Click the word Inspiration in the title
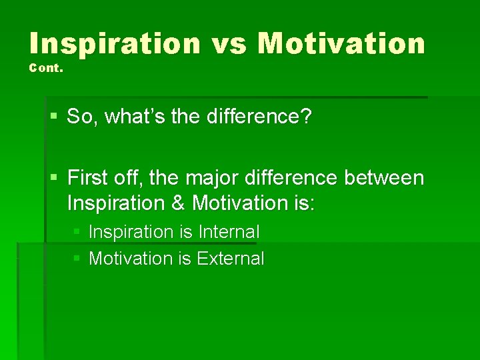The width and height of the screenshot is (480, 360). click(115, 44)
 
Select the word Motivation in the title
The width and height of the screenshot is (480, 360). click(341, 44)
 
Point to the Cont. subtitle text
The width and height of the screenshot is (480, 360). click(45, 68)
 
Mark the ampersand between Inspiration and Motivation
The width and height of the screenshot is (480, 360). click(180, 202)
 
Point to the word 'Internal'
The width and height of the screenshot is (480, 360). click(229, 232)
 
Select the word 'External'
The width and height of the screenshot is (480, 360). click(231, 259)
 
